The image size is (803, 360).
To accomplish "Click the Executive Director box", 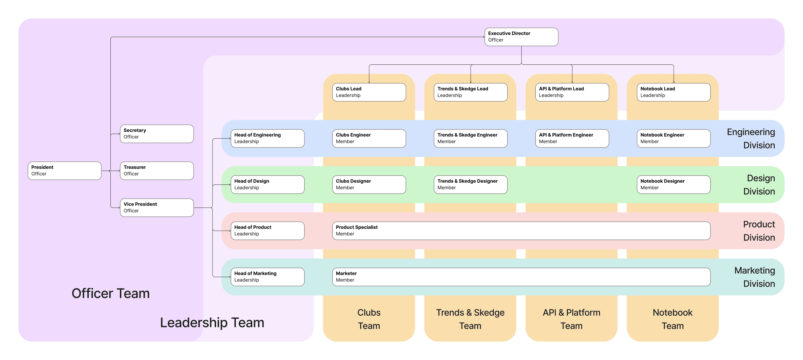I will click(x=521, y=37).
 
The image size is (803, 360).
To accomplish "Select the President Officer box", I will click(x=65, y=170).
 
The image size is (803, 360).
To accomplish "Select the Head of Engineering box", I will click(x=267, y=138).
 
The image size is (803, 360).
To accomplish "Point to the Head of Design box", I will click(x=267, y=184).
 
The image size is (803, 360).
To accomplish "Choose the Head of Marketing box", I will click(x=267, y=277).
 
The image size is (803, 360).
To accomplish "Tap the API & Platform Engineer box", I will click(x=572, y=138).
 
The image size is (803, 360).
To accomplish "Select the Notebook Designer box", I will click(x=673, y=184).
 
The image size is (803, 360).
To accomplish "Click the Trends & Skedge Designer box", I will click(x=470, y=184).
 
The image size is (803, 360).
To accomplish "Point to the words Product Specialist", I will click(x=356, y=227).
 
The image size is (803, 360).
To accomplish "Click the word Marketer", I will click(x=346, y=273).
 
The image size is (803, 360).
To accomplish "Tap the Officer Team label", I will click(x=111, y=293).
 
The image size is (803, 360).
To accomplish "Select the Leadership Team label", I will click(x=212, y=323).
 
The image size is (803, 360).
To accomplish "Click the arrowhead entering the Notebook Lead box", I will click(x=674, y=82).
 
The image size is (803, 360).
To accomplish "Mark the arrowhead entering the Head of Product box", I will click(x=230, y=231).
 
